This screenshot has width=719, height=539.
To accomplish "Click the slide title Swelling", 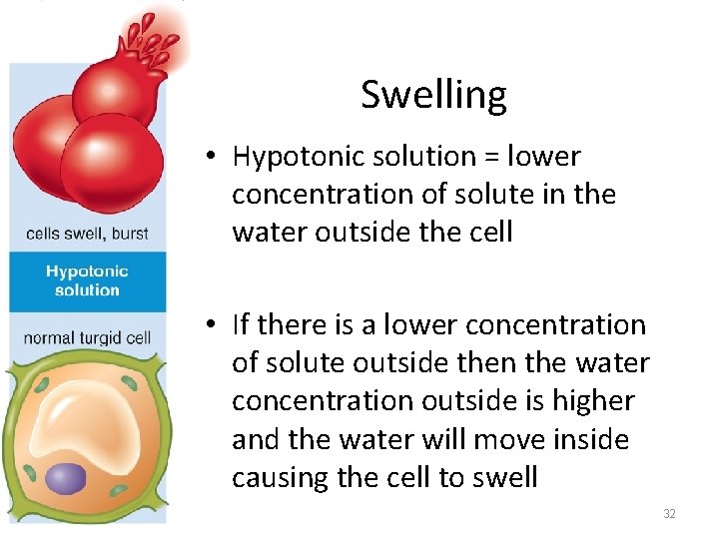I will pyautogui.click(x=433, y=95).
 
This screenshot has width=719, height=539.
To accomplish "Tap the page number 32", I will pyautogui.click(x=669, y=514).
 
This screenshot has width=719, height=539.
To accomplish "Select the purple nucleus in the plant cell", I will pyautogui.click(x=66, y=478).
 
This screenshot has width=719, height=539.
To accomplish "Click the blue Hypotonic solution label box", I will pyautogui.click(x=87, y=280).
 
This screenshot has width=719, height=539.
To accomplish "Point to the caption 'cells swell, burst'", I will pyautogui.click(x=87, y=234).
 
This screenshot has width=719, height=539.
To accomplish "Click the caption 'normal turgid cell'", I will pyautogui.click(x=87, y=337).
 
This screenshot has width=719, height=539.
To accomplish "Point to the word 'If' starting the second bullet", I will pyautogui.click(x=241, y=325).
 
